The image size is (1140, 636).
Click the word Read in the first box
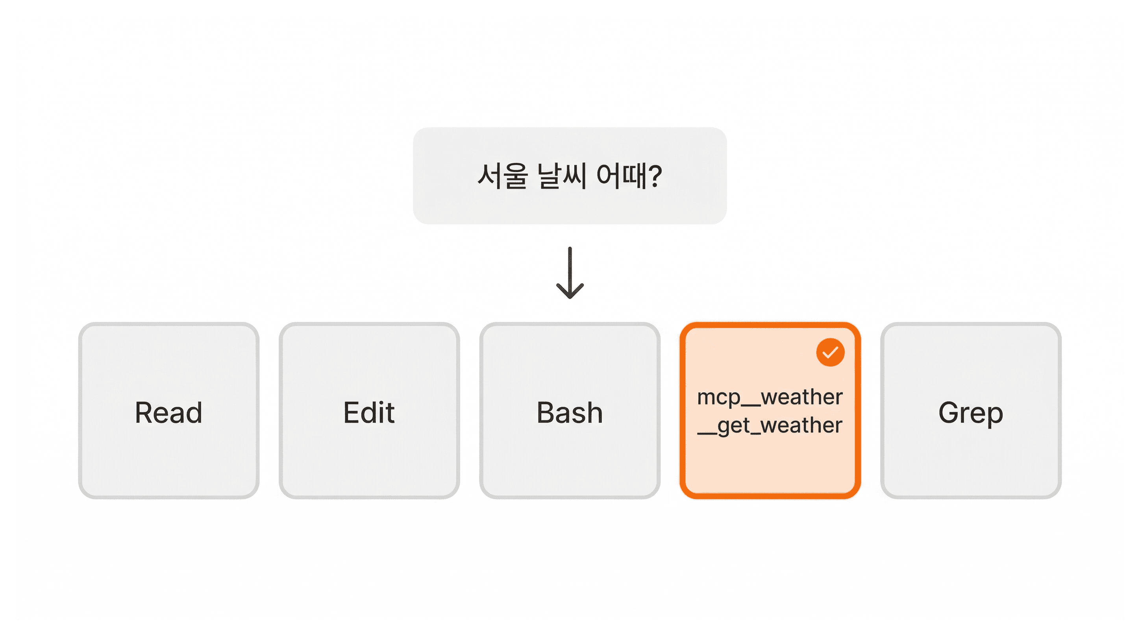tap(168, 412)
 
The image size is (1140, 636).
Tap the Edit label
tap(369, 412)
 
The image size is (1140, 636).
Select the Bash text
tap(570, 412)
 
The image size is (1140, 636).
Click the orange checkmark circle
tap(830, 352)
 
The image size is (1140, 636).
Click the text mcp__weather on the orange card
tap(770, 397)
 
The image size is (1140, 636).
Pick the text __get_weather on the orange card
tap(770, 426)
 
